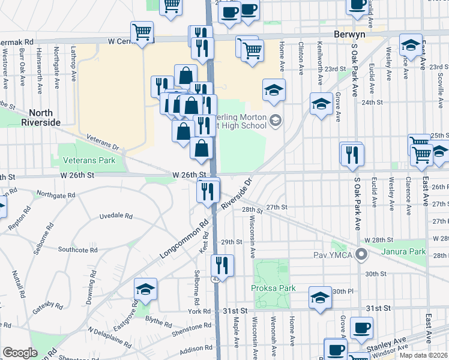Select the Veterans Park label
click(91, 161)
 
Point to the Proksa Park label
click(273, 288)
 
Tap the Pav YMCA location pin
click(361, 254)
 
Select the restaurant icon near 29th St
click(222, 265)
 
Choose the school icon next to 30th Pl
click(320, 296)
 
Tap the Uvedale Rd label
click(115, 215)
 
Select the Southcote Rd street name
click(77, 249)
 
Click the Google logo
click(20, 352)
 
